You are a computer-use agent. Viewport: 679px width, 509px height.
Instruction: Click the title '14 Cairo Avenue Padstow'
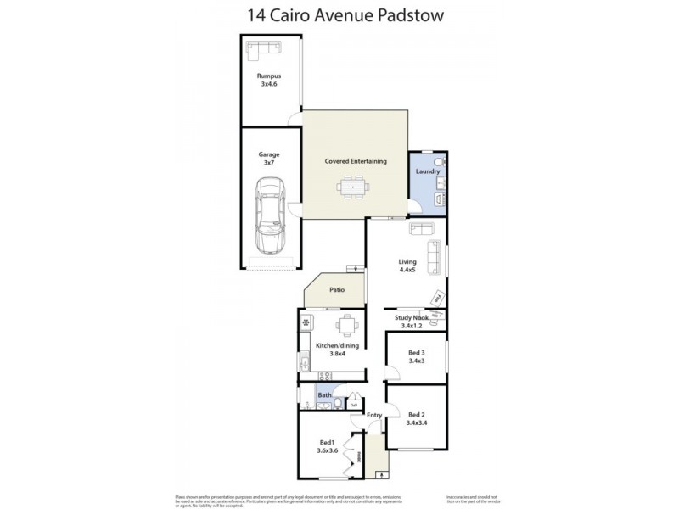pos(339,14)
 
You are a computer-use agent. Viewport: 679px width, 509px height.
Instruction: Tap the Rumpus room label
pos(268,80)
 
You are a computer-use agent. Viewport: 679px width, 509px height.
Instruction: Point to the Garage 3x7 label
pos(268,159)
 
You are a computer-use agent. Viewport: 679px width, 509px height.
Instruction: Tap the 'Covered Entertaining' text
pos(356,161)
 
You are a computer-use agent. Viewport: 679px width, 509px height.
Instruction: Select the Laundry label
pos(428,171)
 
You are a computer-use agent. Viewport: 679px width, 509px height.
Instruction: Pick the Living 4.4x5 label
pos(407,266)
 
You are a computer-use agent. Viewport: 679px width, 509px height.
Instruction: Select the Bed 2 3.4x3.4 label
pos(415,418)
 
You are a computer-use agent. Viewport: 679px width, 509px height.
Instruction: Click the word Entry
pos(374,415)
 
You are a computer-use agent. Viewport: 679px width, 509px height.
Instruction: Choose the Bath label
pos(324,395)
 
